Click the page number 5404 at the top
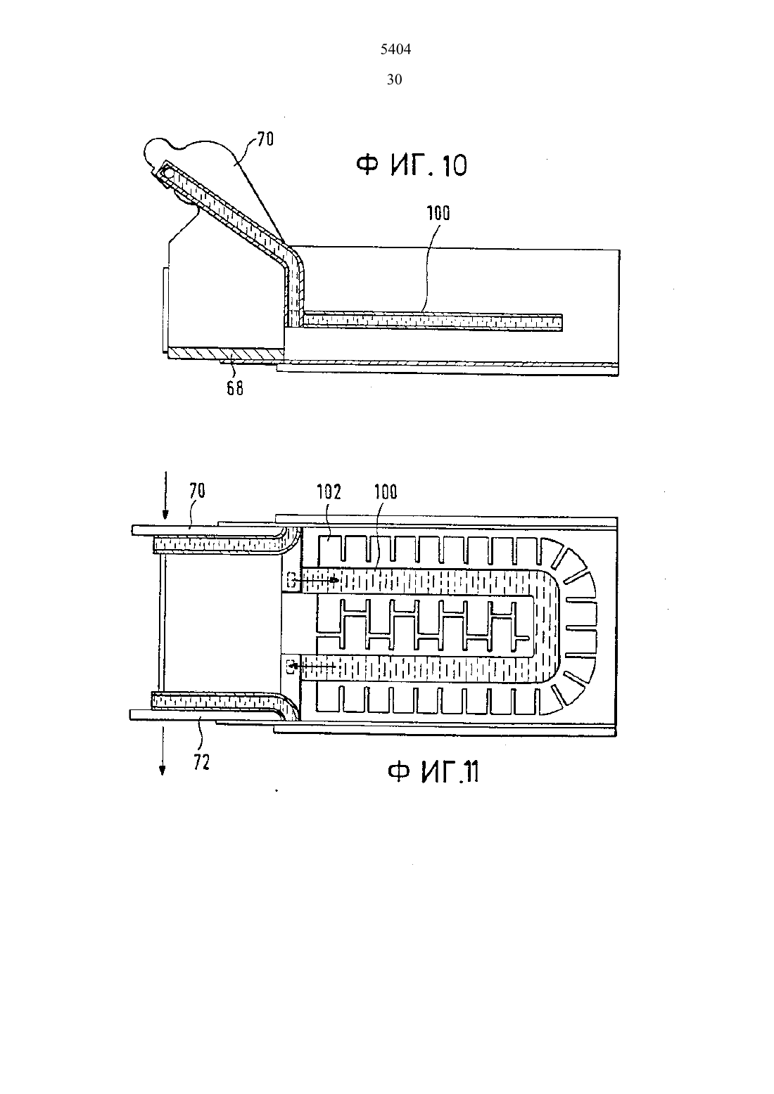coord(395,49)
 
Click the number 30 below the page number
coord(394,79)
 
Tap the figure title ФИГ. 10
coord(412,165)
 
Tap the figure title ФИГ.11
coord(433,773)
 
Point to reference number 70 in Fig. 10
coord(265,140)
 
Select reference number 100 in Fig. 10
coord(438,214)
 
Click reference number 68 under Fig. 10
coord(235,388)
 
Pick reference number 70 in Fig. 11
coord(197,491)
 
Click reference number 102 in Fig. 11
coord(329,492)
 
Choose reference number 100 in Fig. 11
coord(386,492)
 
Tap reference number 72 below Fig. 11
coord(201,762)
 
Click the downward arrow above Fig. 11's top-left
coord(165,495)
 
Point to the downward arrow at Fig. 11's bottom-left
coord(163,749)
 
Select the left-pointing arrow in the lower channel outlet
coord(312,665)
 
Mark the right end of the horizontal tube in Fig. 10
coord(562,322)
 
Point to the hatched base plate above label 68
coord(226,353)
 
